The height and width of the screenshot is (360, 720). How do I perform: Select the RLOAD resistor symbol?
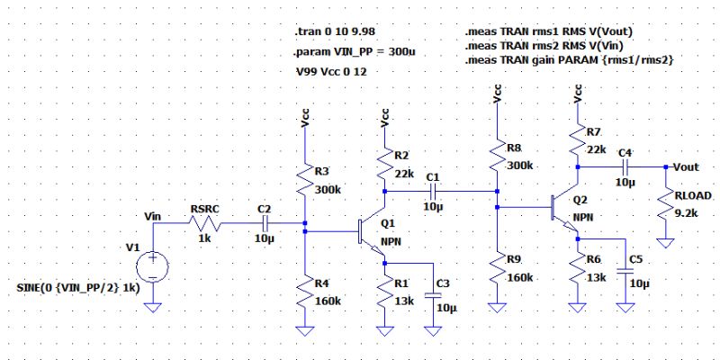point(668,208)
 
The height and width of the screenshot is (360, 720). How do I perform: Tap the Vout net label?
point(686,167)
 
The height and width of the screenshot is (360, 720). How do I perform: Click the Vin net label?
point(152,215)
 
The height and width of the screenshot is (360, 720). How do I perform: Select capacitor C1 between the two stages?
point(434,191)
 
